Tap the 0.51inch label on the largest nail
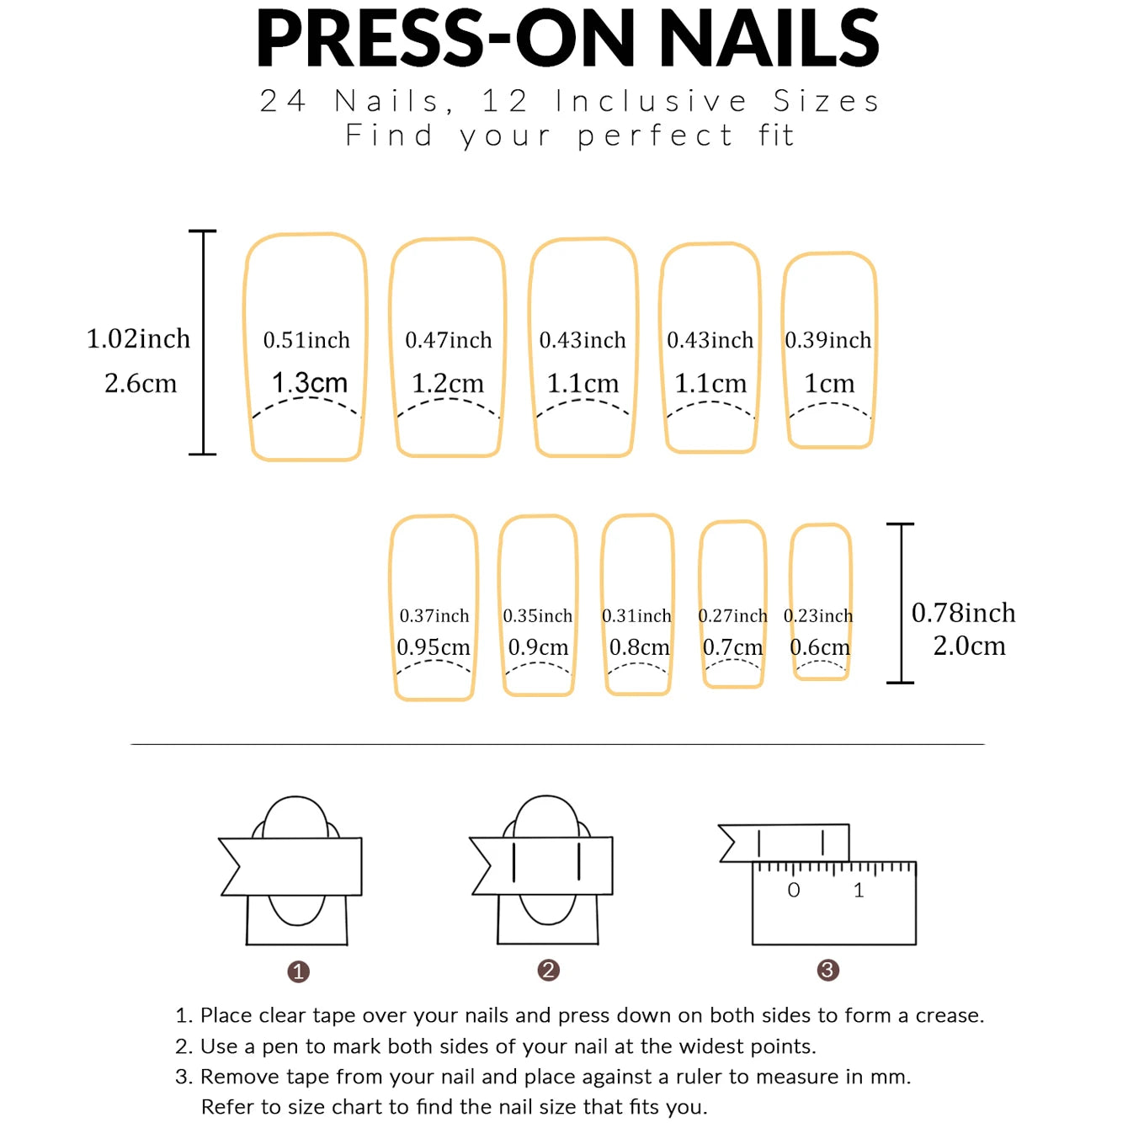[306, 340]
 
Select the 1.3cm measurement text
[309, 383]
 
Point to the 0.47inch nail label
[448, 340]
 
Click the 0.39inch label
[827, 340]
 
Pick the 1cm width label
[829, 384]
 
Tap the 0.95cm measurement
[434, 647]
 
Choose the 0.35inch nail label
[537, 616]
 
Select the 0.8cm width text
[639, 647]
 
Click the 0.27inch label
[732, 616]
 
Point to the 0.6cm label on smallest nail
[820, 647]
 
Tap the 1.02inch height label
[138, 338]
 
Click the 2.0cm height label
[969, 646]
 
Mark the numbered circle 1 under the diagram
[298, 972]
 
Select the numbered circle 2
[548, 971]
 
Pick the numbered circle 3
[827, 971]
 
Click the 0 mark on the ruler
[794, 891]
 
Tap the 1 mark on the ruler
[859, 891]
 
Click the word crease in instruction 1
[949, 1016]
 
